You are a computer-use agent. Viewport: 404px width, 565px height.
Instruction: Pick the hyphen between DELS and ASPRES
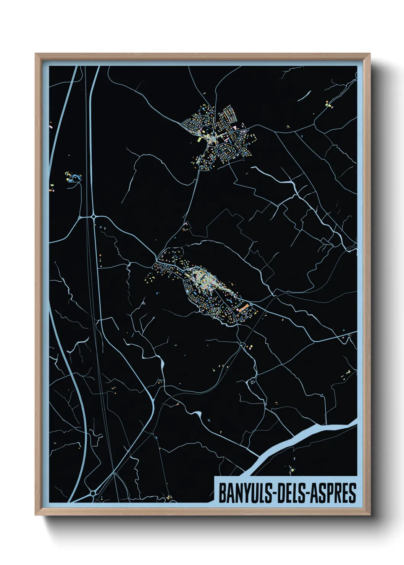click(307, 493)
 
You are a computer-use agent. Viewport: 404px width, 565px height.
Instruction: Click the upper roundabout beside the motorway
click(94, 217)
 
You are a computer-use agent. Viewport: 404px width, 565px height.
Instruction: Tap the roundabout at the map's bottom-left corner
click(93, 493)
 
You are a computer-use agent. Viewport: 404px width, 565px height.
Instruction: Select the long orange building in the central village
click(243, 308)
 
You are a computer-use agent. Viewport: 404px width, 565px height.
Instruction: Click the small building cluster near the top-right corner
click(328, 104)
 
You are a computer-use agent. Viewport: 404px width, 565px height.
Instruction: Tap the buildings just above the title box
click(291, 469)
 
